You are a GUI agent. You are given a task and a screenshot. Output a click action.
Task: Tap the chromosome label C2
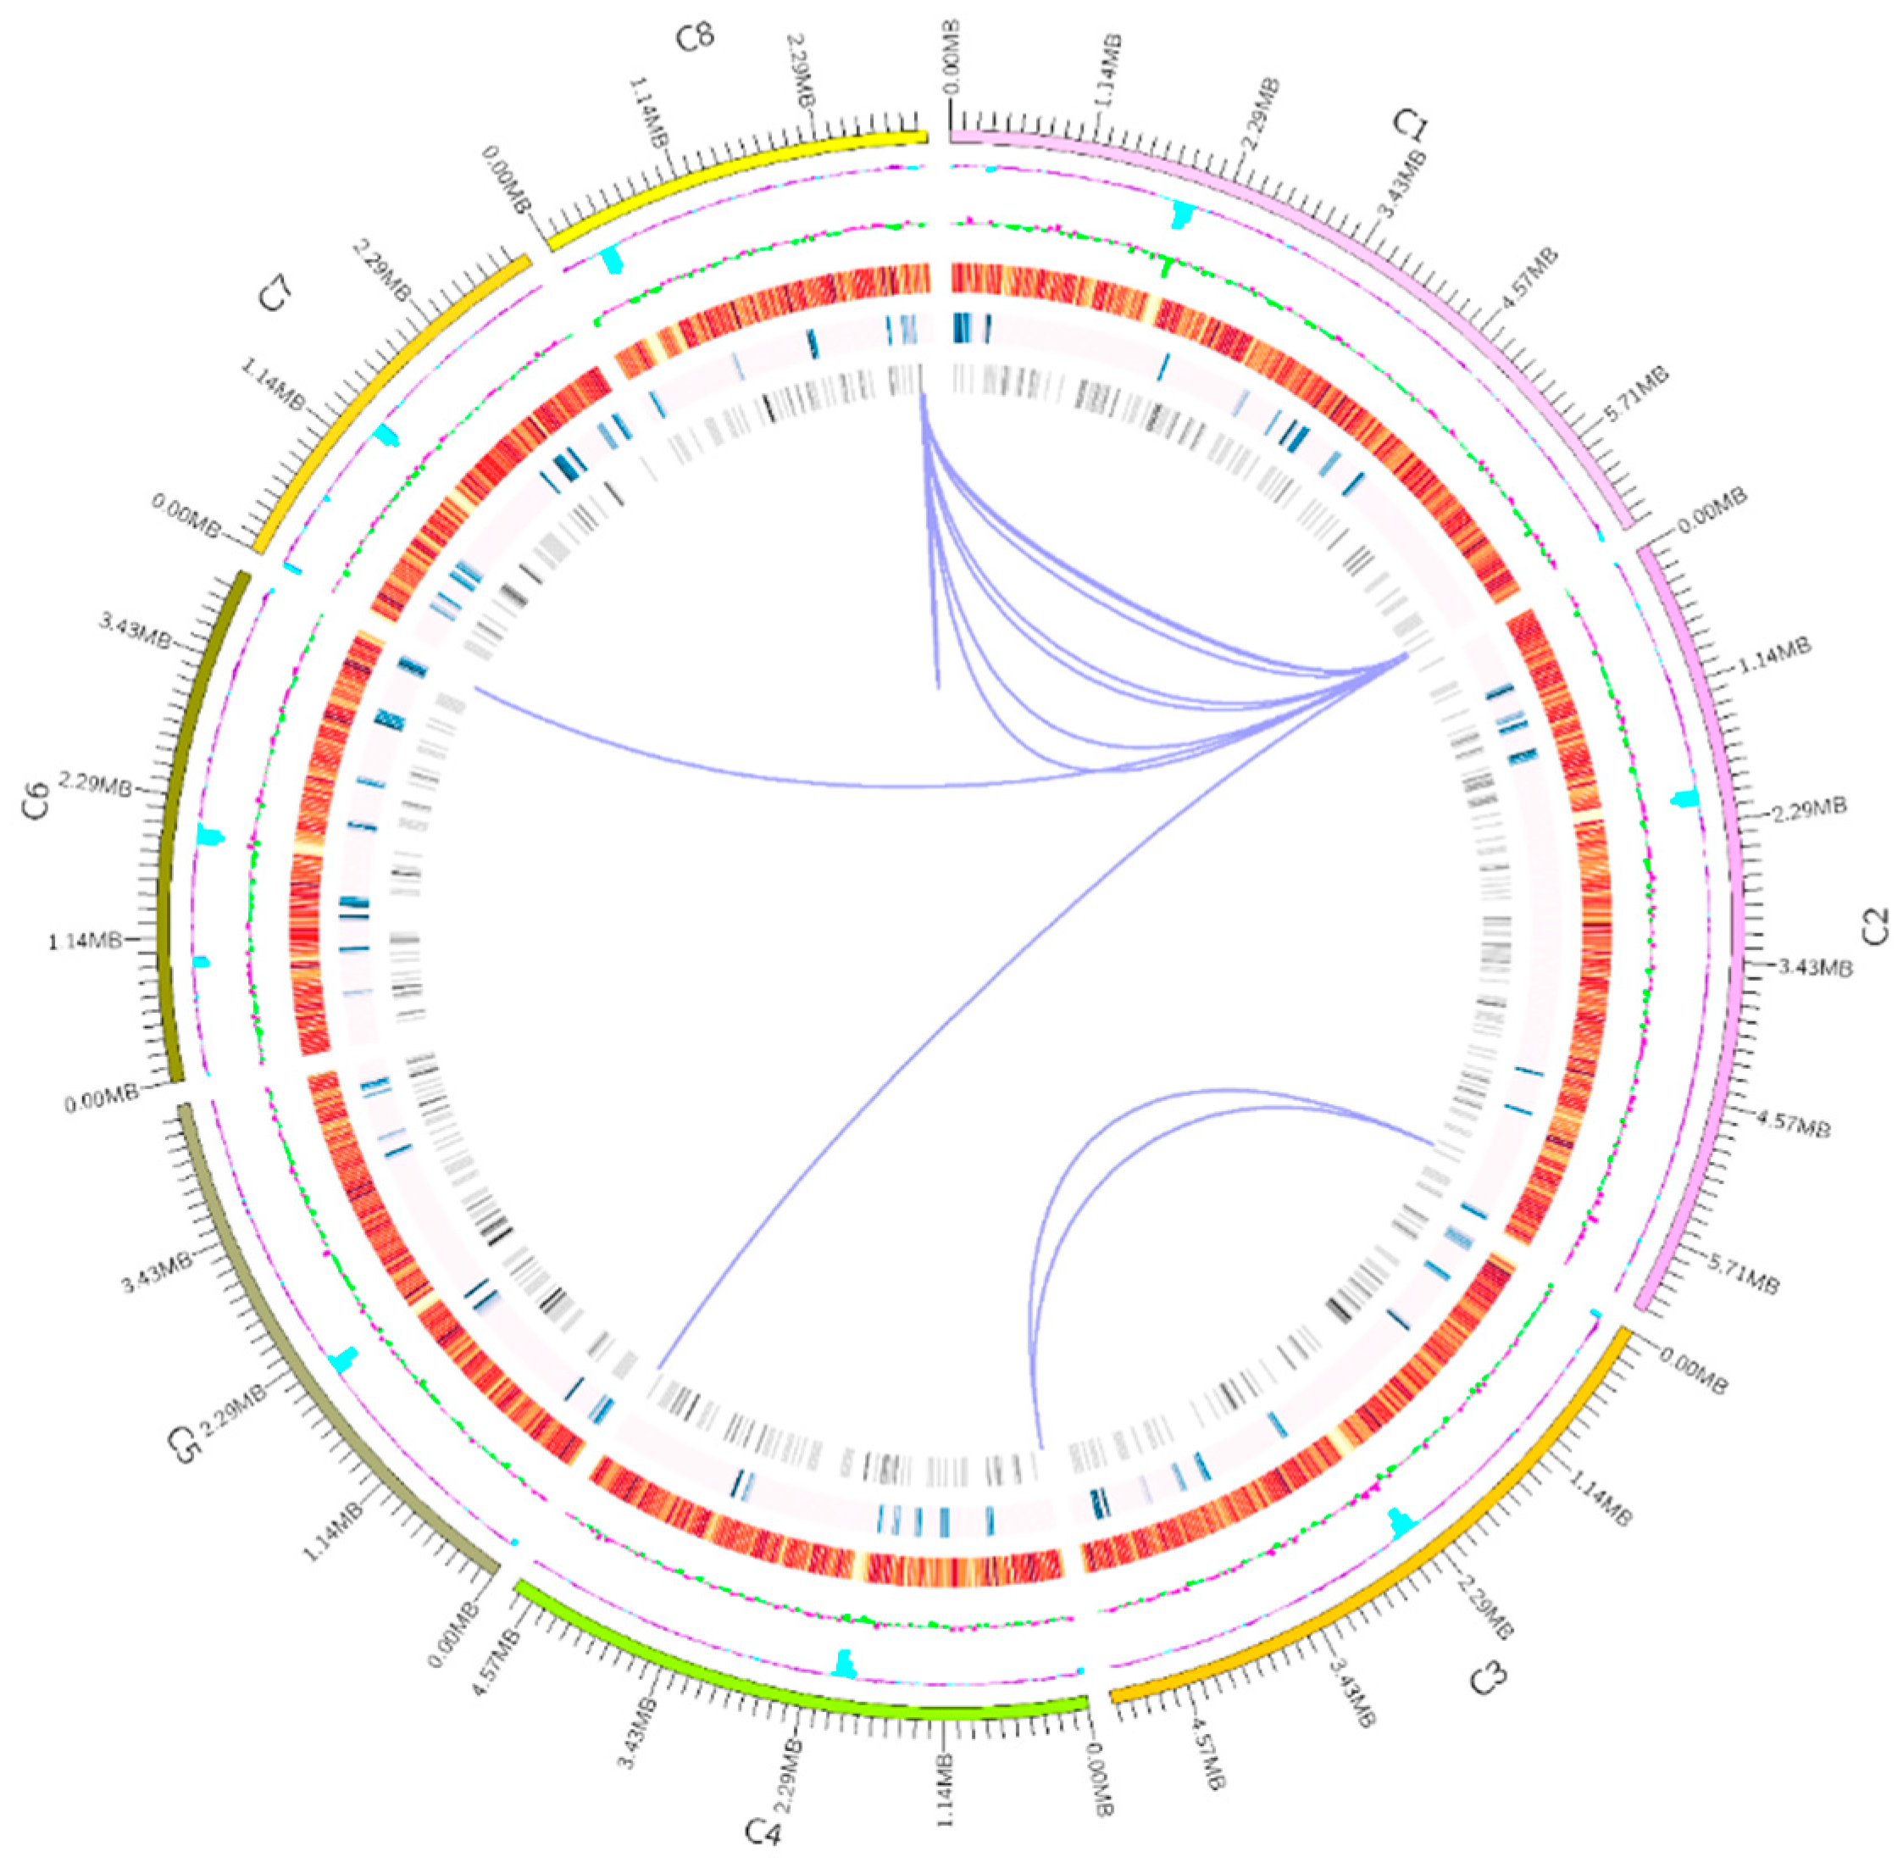pyautogui.click(x=1874, y=927)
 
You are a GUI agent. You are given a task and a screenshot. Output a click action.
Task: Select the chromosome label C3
pyautogui.click(x=1488, y=1679)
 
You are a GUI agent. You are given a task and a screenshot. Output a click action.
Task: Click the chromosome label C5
pyautogui.click(x=183, y=1446)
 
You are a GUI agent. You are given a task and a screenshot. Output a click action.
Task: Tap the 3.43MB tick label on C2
pyautogui.click(x=1816, y=969)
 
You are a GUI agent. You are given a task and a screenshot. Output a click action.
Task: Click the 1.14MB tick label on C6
pyautogui.click(x=85, y=942)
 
